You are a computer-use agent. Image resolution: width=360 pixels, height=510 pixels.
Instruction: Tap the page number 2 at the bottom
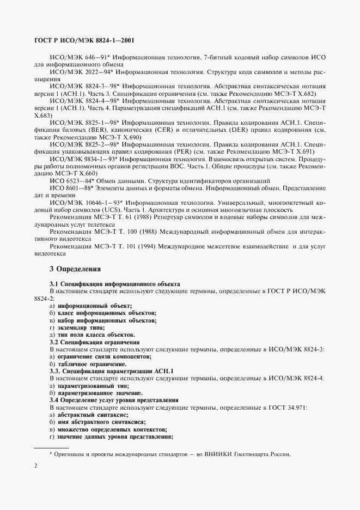coord(35,466)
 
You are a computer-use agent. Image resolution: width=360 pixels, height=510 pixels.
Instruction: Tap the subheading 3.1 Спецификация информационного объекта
coord(115,284)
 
